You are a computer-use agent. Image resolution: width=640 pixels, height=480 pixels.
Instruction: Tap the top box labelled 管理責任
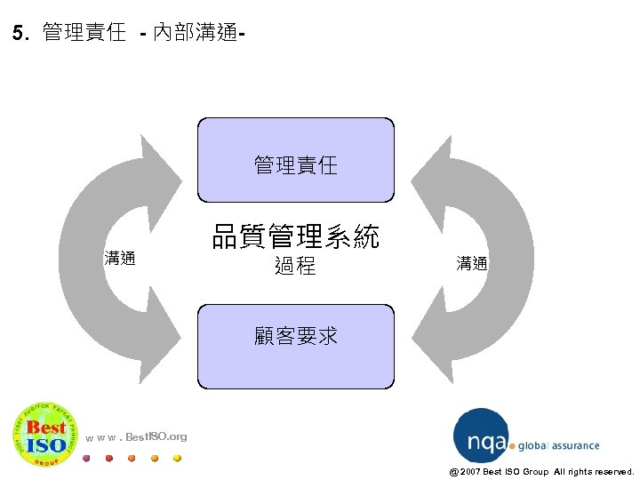click(295, 161)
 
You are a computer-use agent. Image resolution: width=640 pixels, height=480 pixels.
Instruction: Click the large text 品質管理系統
click(295, 236)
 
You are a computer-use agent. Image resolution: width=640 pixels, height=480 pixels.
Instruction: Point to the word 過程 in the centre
click(295, 266)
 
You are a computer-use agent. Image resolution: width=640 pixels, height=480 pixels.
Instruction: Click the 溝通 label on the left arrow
click(120, 259)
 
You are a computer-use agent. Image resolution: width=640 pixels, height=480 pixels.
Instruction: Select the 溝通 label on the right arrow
click(472, 263)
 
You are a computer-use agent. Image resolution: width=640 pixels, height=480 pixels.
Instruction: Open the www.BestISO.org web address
click(137, 436)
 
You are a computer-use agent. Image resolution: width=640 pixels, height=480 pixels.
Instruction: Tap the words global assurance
click(558, 446)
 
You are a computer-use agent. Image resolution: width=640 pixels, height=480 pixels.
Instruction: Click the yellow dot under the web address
click(177, 459)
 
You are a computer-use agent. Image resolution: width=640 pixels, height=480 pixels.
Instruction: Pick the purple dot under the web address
click(86, 459)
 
